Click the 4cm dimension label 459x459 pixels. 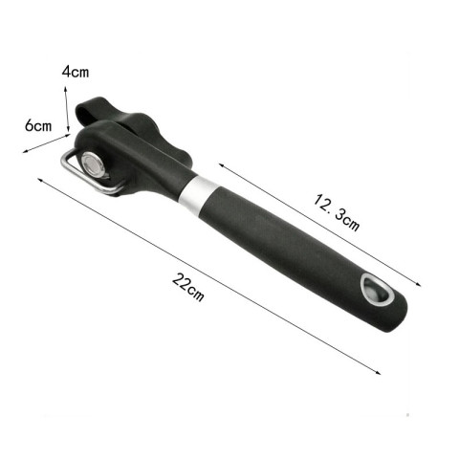click(x=76, y=72)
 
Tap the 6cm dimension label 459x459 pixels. click(x=37, y=125)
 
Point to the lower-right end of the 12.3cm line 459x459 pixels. click(x=422, y=283)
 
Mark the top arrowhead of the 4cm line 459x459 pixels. click(x=69, y=85)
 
